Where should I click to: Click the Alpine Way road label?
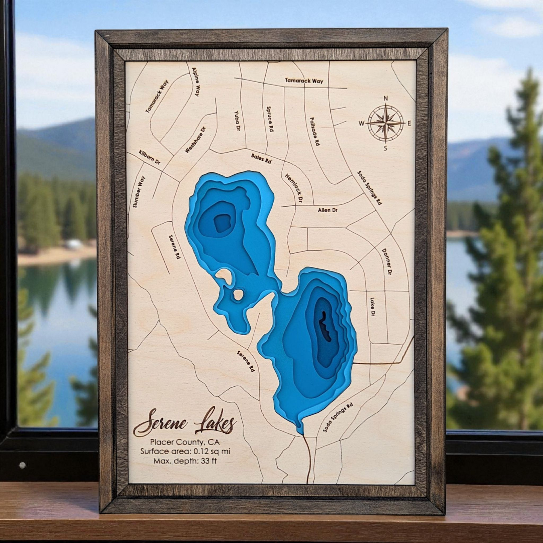click(x=196, y=82)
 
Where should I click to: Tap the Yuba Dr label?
click(x=237, y=120)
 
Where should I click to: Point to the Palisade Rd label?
click(x=315, y=131)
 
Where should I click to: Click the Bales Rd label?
click(x=261, y=158)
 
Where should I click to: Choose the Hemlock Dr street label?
click(x=293, y=188)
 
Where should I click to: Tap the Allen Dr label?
click(x=328, y=210)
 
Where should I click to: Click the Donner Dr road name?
click(x=387, y=262)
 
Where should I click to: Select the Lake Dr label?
click(x=372, y=306)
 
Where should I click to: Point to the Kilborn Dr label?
click(x=150, y=157)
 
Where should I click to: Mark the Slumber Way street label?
click(x=139, y=192)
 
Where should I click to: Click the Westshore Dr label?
click(x=195, y=140)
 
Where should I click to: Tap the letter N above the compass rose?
click(x=386, y=98)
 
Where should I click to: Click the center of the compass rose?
click(x=386, y=123)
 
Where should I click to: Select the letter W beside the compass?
click(x=361, y=123)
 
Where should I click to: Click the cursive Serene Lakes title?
click(x=185, y=422)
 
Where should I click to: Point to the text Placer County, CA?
click(x=185, y=442)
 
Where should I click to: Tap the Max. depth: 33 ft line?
click(x=185, y=461)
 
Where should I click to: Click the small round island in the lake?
click(x=238, y=295)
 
